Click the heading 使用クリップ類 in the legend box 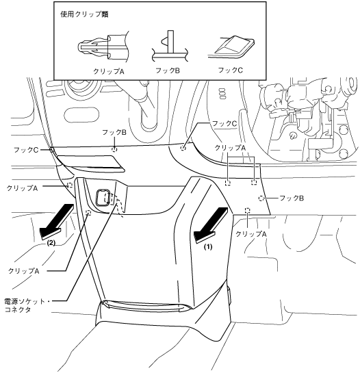click(84, 14)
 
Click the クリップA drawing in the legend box click(103, 47)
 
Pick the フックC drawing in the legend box click(231, 47)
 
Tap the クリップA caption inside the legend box click(109, 71)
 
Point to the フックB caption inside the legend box click(168, 70)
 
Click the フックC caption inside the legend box click(231, 70)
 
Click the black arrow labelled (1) click(211, 225)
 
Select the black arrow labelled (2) click(57, 222)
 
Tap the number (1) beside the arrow click(208, 247)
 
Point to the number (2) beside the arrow click(51, 243)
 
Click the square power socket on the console click(102, 197)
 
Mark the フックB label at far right click(292, 198)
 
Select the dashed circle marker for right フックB click(261, 198)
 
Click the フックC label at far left click(26, 150)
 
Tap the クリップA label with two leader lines click(230, 148)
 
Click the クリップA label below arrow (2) click(23, 271)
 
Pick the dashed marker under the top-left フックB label click(114, 149)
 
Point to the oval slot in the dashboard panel click(81, 115)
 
